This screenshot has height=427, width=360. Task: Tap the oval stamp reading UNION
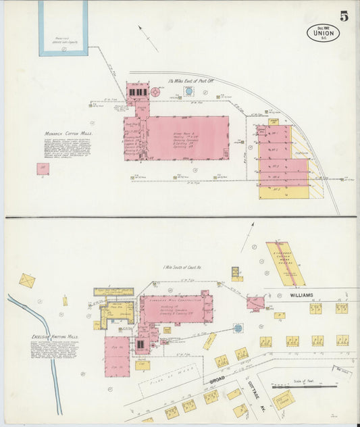pos(323,33)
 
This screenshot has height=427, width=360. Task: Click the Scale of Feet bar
pos(304,387)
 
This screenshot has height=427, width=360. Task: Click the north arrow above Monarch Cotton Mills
pos(148,38)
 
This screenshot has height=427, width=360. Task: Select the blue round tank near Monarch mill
pos(189,91)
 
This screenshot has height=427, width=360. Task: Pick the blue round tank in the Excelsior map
pos(238,328)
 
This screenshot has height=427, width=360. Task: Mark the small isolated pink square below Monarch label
pos(43,168)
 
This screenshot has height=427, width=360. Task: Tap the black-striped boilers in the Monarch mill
pos(137,92)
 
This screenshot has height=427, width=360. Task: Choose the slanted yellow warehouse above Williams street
pos(286,263)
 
